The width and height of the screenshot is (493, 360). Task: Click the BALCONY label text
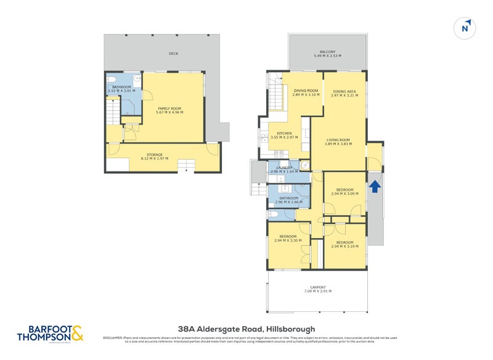click(x=327, y=51)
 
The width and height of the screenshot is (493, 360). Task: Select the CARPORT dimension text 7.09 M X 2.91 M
click(x=318, y=291)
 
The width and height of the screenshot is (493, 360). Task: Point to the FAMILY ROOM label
click(x=169, y=108)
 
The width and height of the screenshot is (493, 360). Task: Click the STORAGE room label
click(x=155, y=155)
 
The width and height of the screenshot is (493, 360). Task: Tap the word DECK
click(x=173, y=54)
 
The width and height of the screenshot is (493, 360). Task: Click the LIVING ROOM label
click(x=338, y=140)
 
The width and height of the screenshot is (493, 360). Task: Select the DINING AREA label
click(x=344, y=91)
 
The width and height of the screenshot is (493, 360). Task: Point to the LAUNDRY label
click(x=283, y=168)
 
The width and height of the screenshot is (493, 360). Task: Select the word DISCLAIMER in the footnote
click(x=113, y=338)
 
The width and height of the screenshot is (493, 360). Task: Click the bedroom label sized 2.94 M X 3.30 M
click(x=288, y=236)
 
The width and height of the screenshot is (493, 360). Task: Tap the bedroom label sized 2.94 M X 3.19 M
click(x=344, y=242)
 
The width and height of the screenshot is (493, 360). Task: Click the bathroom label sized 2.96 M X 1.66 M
click(x=288, y=198)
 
